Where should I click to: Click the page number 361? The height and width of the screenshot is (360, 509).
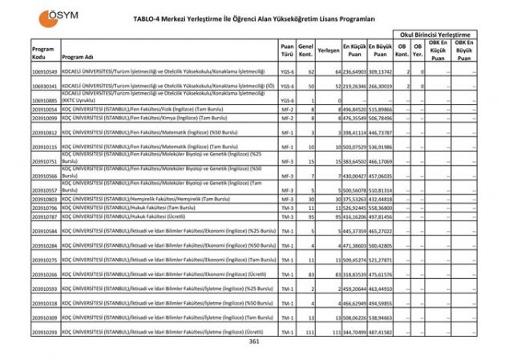[254, 342]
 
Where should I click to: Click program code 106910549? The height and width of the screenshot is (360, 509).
[44, 73]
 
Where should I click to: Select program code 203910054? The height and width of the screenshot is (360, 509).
[44, 109]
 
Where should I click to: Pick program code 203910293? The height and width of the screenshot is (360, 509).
[44, 331]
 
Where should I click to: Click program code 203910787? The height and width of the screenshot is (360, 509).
[44, 216]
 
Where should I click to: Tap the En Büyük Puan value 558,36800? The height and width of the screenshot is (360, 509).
[380, 208]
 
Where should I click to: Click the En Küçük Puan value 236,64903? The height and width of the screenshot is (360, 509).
[354, 73]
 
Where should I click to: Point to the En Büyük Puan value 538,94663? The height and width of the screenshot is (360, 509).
[380, 318]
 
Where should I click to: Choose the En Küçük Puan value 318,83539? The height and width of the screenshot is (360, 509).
[354, 274]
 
